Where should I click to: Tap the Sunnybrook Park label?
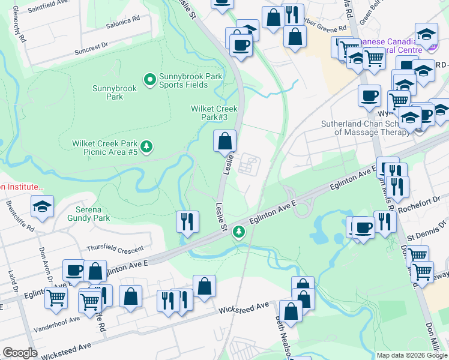pyautogui.click(x=114, y=92)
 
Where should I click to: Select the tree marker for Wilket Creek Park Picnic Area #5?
pyautogui.click(x=146, y=146)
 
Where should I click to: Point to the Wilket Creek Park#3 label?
pyautogui.click(x=214, y=113)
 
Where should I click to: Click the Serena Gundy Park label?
pyautogui.click(x=92, y=214)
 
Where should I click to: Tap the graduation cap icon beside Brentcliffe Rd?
pyautogui.click(x=42, y=207)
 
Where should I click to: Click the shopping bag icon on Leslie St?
pyautogui.click(x=224, y=142)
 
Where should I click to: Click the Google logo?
pyautogui.click(x=20, y=353)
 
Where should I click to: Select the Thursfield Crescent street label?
pyautogui.click(x=115, y=248)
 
